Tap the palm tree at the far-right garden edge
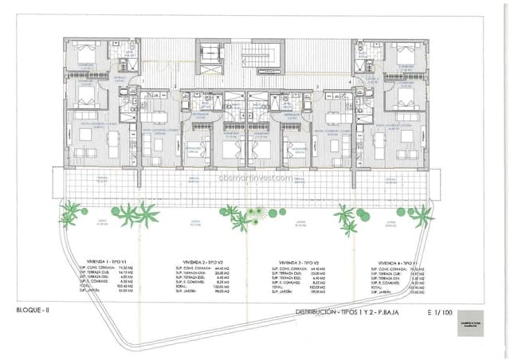pos(422,213)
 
